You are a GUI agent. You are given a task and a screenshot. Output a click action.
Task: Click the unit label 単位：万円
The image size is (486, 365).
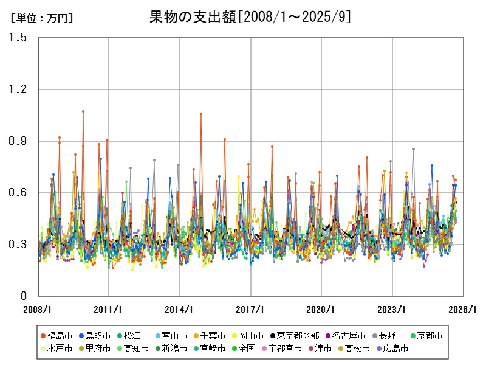(41, 19)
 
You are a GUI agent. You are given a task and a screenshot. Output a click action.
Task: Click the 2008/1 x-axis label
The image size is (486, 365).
(38, 309)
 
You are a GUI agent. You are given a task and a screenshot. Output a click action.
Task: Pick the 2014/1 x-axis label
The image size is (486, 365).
(180, 309)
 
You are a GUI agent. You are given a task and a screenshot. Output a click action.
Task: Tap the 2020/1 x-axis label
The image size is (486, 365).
(321, 309)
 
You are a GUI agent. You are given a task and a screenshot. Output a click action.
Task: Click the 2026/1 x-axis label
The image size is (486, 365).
(464, 309)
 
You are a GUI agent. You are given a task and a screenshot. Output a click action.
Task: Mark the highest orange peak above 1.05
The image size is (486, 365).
(83, 111)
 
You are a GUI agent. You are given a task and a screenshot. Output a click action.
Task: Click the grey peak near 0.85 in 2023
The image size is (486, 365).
(414, 149)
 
